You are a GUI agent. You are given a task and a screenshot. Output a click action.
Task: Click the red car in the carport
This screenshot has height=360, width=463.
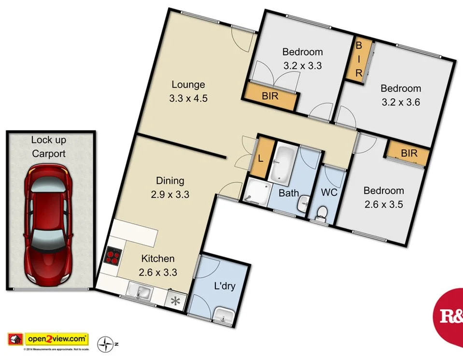pos(49,225)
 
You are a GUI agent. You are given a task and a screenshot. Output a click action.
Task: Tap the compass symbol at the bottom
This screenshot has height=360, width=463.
pos(105,344)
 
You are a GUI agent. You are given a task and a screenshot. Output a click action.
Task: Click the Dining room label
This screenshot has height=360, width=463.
pos(170,181)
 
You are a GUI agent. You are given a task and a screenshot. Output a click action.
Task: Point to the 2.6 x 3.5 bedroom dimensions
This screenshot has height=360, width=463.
pos(383,204)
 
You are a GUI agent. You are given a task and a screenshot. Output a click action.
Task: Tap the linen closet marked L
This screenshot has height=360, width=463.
pos(260,158)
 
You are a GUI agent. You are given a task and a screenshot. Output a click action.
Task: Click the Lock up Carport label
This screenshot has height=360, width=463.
pos(49,147)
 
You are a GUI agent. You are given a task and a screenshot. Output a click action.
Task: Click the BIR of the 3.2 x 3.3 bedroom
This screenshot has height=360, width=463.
pos(270,96)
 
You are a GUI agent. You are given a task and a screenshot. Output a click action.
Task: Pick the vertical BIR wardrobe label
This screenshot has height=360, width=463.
pos(359,59)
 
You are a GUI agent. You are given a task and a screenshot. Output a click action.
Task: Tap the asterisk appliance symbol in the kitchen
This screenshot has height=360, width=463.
pos(175,300)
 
